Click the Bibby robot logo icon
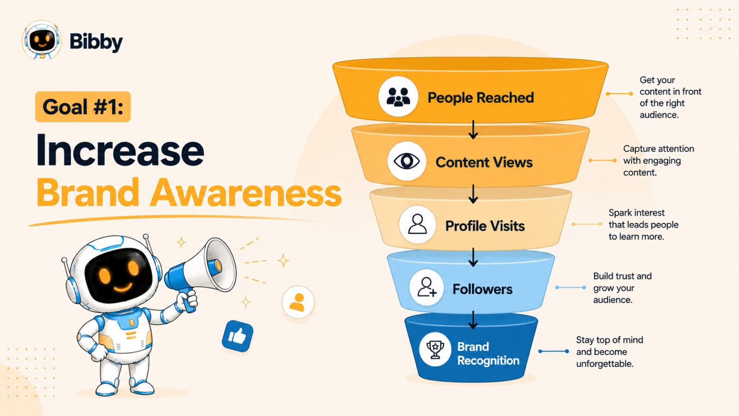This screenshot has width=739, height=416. coord(42,40)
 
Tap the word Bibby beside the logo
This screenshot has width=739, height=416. coord(96,42)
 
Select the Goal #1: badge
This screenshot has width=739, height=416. coord(83,107)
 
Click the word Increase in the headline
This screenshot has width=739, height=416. coord(120,150)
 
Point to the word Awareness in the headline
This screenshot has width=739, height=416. coord(246,192)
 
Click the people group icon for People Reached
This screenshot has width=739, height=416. coord(398,97)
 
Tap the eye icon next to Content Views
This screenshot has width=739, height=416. coord(407,161)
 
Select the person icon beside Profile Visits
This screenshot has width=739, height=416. coord(418,225)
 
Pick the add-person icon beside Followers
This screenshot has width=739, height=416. coord(427,287)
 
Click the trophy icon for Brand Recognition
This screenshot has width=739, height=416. coord(435,349)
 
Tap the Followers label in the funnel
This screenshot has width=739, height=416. coord(482,289)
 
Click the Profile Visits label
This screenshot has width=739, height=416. coord(485,226)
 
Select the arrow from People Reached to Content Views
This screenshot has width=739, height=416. coord(473,129)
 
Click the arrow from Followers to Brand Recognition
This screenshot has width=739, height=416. coord(473,319)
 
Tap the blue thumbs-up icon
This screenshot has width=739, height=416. coord(237,336)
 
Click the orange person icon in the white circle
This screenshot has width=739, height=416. coord(298,302)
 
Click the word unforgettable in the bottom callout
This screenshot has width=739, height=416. coord(605,364)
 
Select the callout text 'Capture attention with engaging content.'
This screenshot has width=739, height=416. coord(659,160)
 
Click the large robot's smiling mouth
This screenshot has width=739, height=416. coord(123,287)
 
